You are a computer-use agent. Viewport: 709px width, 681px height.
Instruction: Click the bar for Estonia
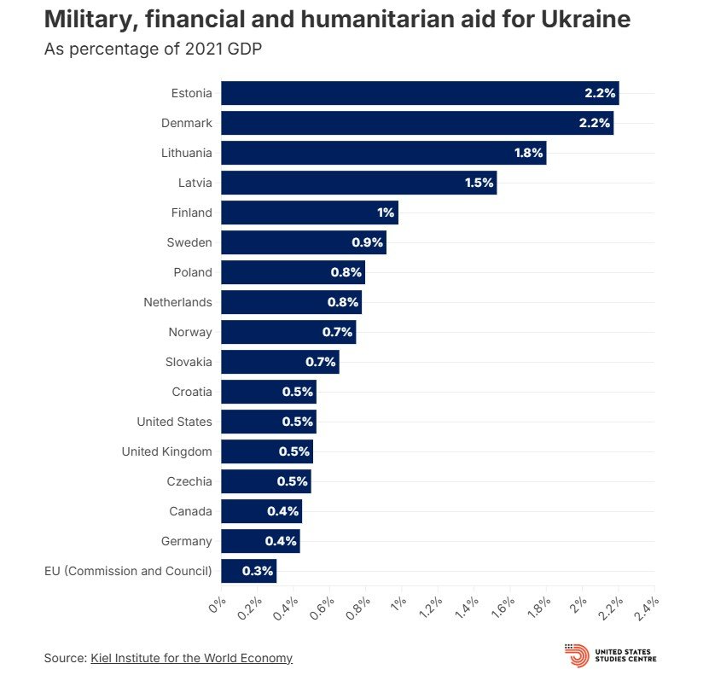coord(418,93)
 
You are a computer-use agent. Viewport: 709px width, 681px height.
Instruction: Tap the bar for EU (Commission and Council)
coord(247,571)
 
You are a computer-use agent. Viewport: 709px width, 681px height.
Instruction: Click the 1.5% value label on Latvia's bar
coord(478,183)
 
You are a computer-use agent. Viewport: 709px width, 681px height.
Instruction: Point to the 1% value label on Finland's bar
coord(386,212)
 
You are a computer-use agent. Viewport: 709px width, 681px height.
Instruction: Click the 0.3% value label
coord(257,571)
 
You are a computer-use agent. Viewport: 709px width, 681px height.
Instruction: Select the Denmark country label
coord(186,123)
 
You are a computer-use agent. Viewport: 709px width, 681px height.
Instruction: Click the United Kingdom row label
coord(166,451)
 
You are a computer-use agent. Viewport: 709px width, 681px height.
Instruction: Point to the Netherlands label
coord(178,302)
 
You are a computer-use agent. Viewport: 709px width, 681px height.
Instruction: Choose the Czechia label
coord(189,481)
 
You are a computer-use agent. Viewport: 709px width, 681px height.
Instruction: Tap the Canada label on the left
coord(191,511)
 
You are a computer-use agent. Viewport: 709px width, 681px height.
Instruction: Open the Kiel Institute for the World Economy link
coord(191,658)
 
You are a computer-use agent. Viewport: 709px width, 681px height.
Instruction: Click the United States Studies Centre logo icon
coord(577,655)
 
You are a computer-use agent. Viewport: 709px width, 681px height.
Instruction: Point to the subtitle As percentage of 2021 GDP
coord(153,49)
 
